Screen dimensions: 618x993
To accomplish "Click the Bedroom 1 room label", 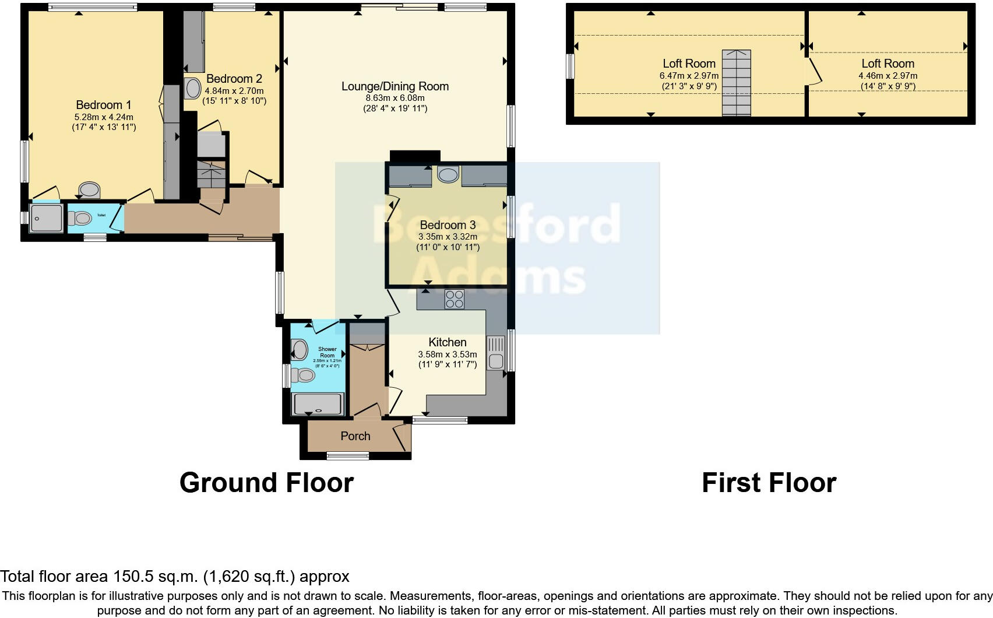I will point(104,105).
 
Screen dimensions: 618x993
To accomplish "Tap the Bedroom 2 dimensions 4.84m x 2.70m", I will point(234,91).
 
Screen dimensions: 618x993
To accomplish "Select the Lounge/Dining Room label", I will point(395,86).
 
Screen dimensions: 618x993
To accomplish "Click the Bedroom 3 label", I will point(448,225).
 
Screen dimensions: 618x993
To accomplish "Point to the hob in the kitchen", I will point(455,299).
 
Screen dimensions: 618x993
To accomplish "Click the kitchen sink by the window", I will point(496,353).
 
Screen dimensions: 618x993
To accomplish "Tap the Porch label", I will point(355,436).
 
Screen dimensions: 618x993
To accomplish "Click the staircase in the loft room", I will point(737,83).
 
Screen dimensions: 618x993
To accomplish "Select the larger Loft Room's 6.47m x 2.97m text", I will point(689,76).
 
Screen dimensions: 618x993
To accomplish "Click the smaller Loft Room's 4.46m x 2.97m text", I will point(888,76).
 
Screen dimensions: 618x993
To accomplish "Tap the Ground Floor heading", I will point(266,483).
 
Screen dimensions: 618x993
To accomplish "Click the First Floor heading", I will point(769,483).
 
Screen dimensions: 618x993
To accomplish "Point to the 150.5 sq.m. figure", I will point(156,577).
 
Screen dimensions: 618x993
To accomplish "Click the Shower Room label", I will point(328,352).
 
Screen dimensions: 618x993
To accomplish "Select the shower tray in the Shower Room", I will point(318,404).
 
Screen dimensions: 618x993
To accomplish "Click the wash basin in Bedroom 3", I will point(448,174).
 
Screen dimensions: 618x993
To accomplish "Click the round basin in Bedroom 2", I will point(193,89).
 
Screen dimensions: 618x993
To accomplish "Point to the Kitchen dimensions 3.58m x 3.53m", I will point(448,354).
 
